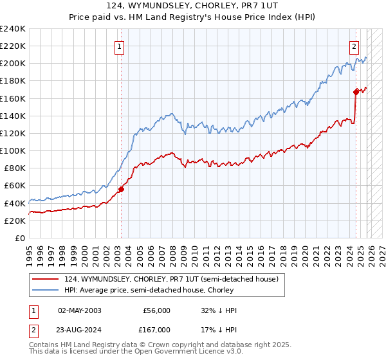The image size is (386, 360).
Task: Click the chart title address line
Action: point(193,6)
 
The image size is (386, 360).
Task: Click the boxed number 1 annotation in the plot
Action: point(120,46)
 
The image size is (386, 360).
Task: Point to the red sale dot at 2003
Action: point(121,189)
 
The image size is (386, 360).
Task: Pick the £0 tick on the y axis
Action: point(19,238)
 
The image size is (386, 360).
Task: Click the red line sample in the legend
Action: point(46,279)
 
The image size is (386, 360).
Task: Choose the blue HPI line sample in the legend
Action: point(46,290)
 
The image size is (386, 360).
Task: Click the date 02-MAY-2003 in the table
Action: point(79,310)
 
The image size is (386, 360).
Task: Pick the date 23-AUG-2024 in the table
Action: point(79,329)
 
